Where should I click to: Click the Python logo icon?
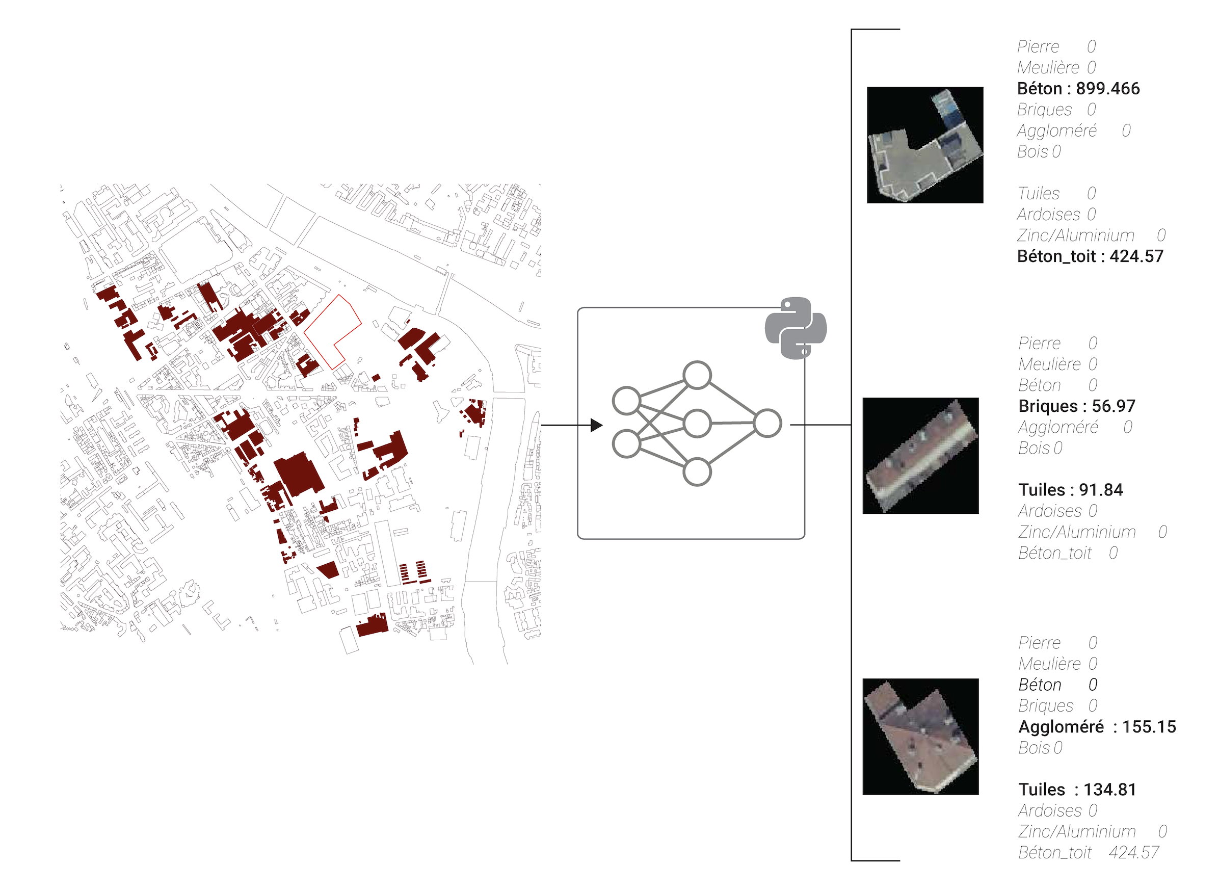tap(795, 328)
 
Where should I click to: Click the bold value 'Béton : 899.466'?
tap(1078, 89)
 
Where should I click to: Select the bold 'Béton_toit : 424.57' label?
tap(1090, 256)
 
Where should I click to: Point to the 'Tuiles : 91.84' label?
tap(1071, 490)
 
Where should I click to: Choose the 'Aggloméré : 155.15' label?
tap(1097, 727)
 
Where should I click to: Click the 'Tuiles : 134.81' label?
tap(1077, 790)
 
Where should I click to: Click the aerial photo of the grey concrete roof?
tap(925, 145)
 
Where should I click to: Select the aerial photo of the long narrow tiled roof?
tap(920, 456)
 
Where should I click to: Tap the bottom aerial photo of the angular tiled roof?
tap(920, 737)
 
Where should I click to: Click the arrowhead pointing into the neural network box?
tap(596, 426)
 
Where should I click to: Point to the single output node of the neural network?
tap(767, 424)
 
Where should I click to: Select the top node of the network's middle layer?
tap(697, 375)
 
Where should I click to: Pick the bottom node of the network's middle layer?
tap(697, 472)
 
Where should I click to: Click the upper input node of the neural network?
tap(626, 401)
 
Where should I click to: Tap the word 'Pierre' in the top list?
tap(1038, 46)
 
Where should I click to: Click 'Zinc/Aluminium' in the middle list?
tap(1077, 532)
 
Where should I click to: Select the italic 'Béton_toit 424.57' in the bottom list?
tap(1089, 853)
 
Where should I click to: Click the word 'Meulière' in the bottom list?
tap(1049, 664)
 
